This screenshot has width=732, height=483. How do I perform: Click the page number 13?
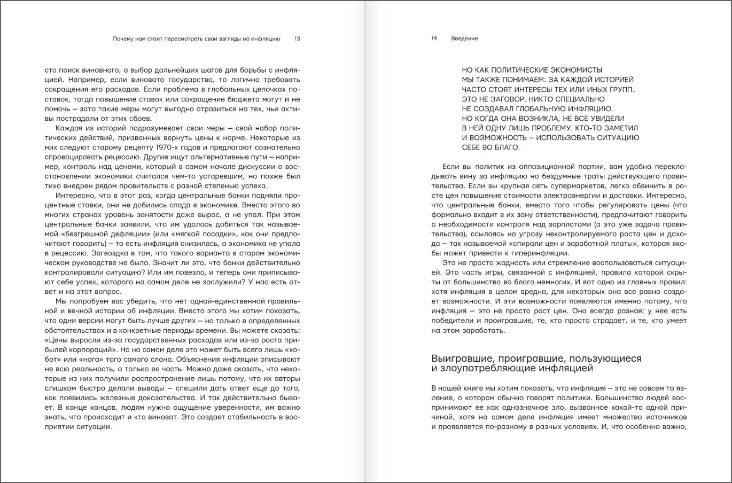(297, 38)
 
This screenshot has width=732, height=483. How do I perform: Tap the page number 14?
(434, 38)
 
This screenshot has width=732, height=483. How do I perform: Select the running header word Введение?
(464, 38)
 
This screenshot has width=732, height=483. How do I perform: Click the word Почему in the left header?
(124, 38)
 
